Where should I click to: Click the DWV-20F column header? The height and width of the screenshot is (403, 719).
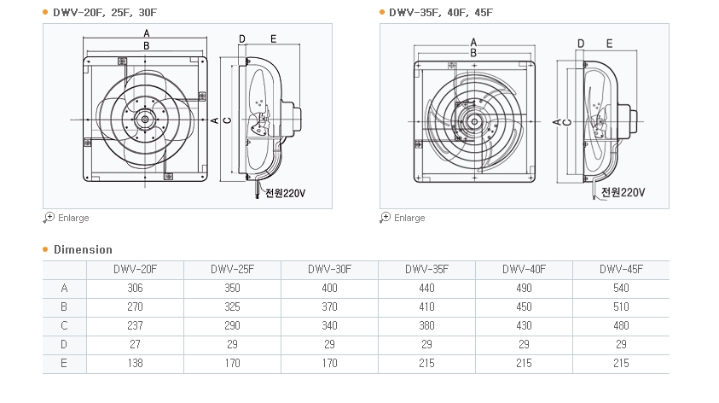(x=135, y=270)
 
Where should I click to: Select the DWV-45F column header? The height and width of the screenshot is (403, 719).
(x=621, y=270)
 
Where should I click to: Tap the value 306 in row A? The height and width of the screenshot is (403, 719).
(x=135, y=289)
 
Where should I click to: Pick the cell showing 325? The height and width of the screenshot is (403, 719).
(x=232, y=307)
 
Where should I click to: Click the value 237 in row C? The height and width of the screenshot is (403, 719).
(x=135, y=326)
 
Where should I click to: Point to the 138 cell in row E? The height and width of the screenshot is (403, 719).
(x=135, y=364)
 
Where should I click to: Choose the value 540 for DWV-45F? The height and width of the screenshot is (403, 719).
(x=621, y=289)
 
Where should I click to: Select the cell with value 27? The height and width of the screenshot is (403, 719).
(x=135, y=345)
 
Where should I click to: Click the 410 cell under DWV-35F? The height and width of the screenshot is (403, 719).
(x=426, y=307)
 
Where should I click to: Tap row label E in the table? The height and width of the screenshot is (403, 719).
(x=64, y=364)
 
